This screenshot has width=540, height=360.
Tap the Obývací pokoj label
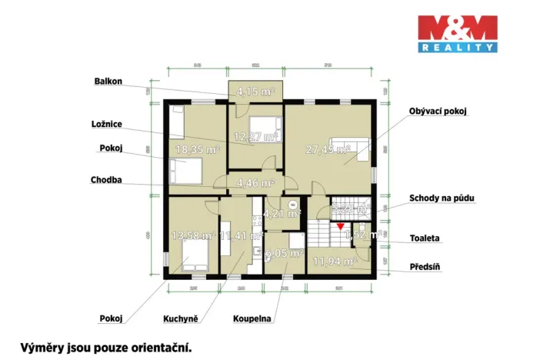pos(438,112)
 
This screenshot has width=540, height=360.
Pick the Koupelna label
pos(252,317)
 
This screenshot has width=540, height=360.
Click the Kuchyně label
pos(180,317)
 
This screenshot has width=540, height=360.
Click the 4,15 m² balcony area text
pos(255,92)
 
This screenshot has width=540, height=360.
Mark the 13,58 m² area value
pos(192,235)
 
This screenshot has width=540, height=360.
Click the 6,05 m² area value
pos(284,252)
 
